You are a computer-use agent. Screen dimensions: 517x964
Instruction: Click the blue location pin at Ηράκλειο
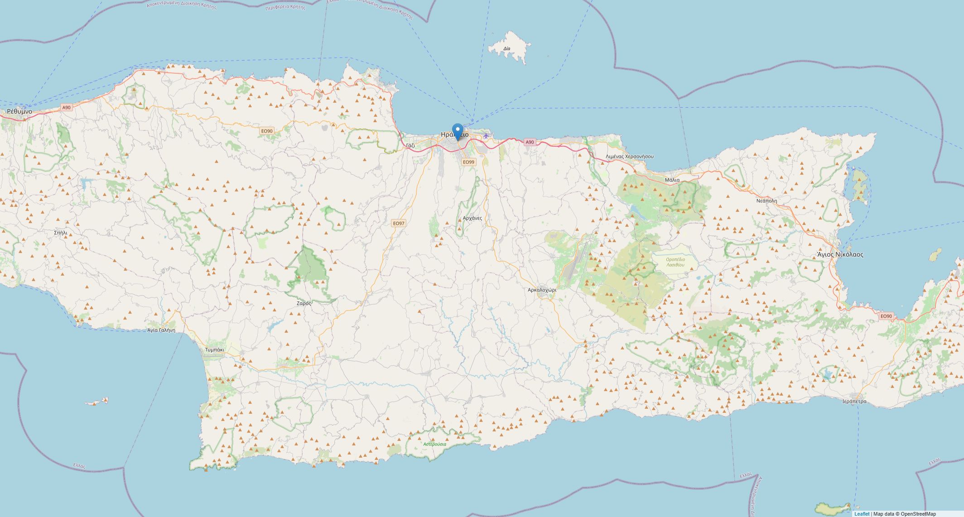click(x=458, y=131)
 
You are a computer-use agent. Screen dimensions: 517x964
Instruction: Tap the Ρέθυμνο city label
click(x=19, y=111)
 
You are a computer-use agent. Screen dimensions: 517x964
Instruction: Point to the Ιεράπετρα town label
click(x=854, y=401)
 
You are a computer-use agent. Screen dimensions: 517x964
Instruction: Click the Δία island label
click(x=506, y=48)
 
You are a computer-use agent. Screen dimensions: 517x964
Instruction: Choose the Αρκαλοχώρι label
click(x=542, y=289)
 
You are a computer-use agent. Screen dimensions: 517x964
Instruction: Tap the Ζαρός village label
click(x=304, y=303)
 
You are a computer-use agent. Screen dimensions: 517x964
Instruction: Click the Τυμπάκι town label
click(x=215, y=349)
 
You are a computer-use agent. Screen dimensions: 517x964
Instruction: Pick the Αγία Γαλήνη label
click(x=161, y=330)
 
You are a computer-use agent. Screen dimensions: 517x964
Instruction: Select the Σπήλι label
click(x=60, y=233)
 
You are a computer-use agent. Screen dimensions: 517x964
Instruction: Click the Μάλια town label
click(x=672, y=180)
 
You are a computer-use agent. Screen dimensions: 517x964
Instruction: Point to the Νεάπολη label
click(x=766, y=201)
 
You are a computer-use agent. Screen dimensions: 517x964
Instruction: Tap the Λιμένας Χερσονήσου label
click(x=629, y=156)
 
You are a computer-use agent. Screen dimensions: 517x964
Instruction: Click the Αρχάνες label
click(x=472, y=218)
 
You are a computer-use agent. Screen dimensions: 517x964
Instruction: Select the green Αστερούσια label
click(x=434, y=444)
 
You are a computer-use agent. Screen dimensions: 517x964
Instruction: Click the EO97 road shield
click(x=399, y=223)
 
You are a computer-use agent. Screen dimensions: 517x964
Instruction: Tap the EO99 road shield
click(x=468, y=162)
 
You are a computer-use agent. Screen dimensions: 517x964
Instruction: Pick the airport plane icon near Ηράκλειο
click(x=486, y=135)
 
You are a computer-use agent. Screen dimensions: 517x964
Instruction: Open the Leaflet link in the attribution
click(x=862, y=514)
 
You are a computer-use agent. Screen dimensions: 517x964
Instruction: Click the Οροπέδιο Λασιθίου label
click(x=675, y=262)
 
